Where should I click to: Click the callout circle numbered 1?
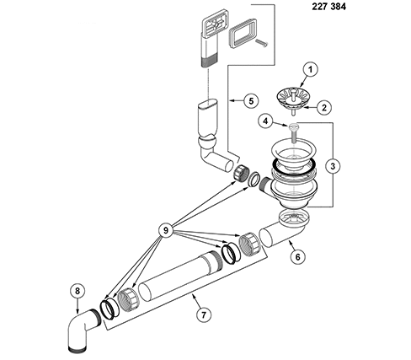[310, 70]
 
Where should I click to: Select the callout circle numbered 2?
[324, 107]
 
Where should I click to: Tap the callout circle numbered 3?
[333, 166]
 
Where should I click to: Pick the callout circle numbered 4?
[265, 121]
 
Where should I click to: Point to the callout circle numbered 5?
[251, 100]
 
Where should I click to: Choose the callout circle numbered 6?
[297, 256]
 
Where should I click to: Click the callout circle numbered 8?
[77, 291]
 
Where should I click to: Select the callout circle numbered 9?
[166, 230]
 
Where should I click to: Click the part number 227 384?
[328, 7]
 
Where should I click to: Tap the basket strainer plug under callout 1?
[292, 100]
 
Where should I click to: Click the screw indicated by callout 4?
[293, 133]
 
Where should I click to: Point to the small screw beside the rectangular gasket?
[262, 42]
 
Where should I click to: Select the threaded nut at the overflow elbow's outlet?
[241, 174]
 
